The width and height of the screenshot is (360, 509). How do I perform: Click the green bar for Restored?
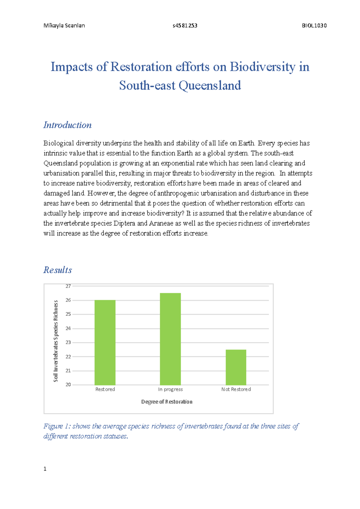105,342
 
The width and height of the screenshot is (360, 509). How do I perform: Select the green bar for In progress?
170,339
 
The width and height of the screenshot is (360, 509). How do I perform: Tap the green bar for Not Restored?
236,367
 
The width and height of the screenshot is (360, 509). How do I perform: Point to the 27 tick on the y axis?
68,286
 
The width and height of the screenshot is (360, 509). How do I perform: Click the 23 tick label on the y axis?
68,342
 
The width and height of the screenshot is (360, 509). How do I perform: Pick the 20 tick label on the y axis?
68,385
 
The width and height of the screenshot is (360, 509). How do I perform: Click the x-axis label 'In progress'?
170,389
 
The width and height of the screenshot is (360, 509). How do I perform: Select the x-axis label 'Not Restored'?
236,389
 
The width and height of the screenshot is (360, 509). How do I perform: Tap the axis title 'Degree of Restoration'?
167,402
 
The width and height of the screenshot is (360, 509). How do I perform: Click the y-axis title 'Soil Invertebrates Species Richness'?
55,341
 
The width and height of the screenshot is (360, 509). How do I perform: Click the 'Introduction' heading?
67,125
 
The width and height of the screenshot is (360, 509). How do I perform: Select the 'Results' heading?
58,270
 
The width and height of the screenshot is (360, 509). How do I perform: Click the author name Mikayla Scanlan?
64,25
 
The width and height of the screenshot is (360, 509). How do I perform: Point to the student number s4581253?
185,25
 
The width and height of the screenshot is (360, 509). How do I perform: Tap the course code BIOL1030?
314,25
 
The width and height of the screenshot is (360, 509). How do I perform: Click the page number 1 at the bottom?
45,469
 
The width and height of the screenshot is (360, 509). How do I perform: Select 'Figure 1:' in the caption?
57,426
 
